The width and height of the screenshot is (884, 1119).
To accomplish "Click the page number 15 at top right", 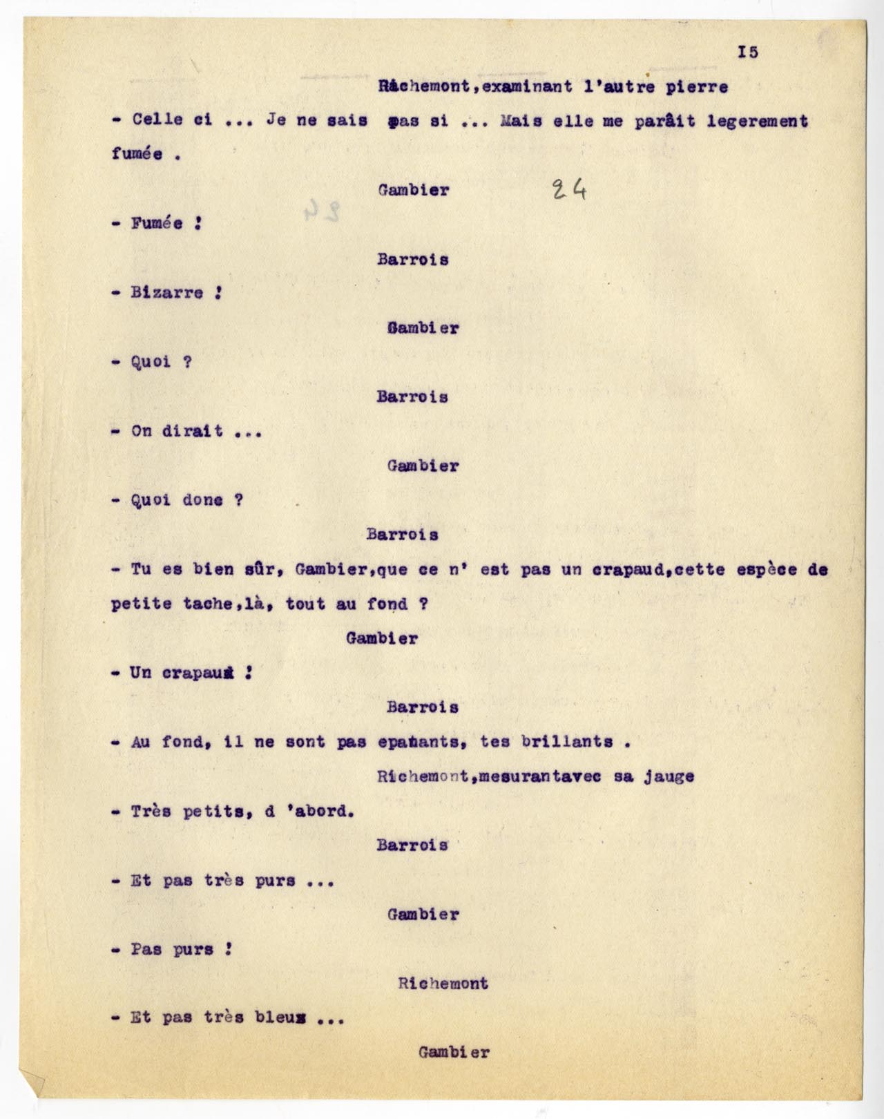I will (x=748, y=52).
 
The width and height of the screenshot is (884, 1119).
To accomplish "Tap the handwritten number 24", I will (x=570, y=189).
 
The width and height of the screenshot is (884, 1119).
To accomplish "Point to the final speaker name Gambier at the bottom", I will (x=454, y=1053).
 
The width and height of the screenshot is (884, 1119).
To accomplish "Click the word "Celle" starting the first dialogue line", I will (x=157, y=120).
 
